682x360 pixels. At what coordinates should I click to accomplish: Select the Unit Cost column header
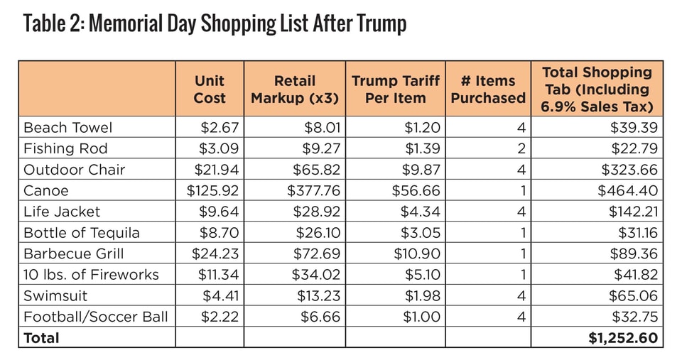pyautogui.click(x=210, y=89)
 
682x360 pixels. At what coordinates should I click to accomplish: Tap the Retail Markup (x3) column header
pyautogui.click(x=294, y=89)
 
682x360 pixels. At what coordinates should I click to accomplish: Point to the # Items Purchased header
pyautogui.click(x=488, y=89)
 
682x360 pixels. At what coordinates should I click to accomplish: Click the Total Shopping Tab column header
pyautogui.click(x=597, y=89)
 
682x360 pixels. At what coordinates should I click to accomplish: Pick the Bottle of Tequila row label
pyautogui.click(x=82, y=233)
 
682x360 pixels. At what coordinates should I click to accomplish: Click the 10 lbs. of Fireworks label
pyautogui.click(x=91, y=275)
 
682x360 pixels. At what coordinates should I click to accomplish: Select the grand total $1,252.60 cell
pyautogui.click(x=623, y=338)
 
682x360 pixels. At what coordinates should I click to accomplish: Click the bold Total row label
pyautogui.click(x=42, y=338)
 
